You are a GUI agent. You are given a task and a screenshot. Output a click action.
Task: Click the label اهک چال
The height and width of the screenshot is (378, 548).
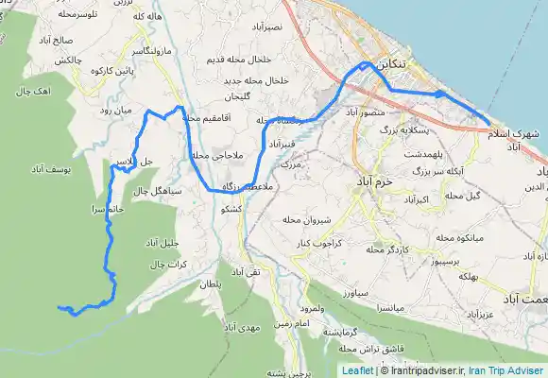pyautogui.click(x=31, y=93)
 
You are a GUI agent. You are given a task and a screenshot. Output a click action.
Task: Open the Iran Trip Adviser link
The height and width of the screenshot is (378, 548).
pyautogui.click(x=510, y=371)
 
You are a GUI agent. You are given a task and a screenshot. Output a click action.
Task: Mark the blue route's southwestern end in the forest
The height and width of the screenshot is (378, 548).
pyautogui.click(x=60, y=308)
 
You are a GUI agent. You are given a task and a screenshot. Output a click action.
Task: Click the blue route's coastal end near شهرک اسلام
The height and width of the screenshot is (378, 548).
pyautogui.click(x=488, y=123)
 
